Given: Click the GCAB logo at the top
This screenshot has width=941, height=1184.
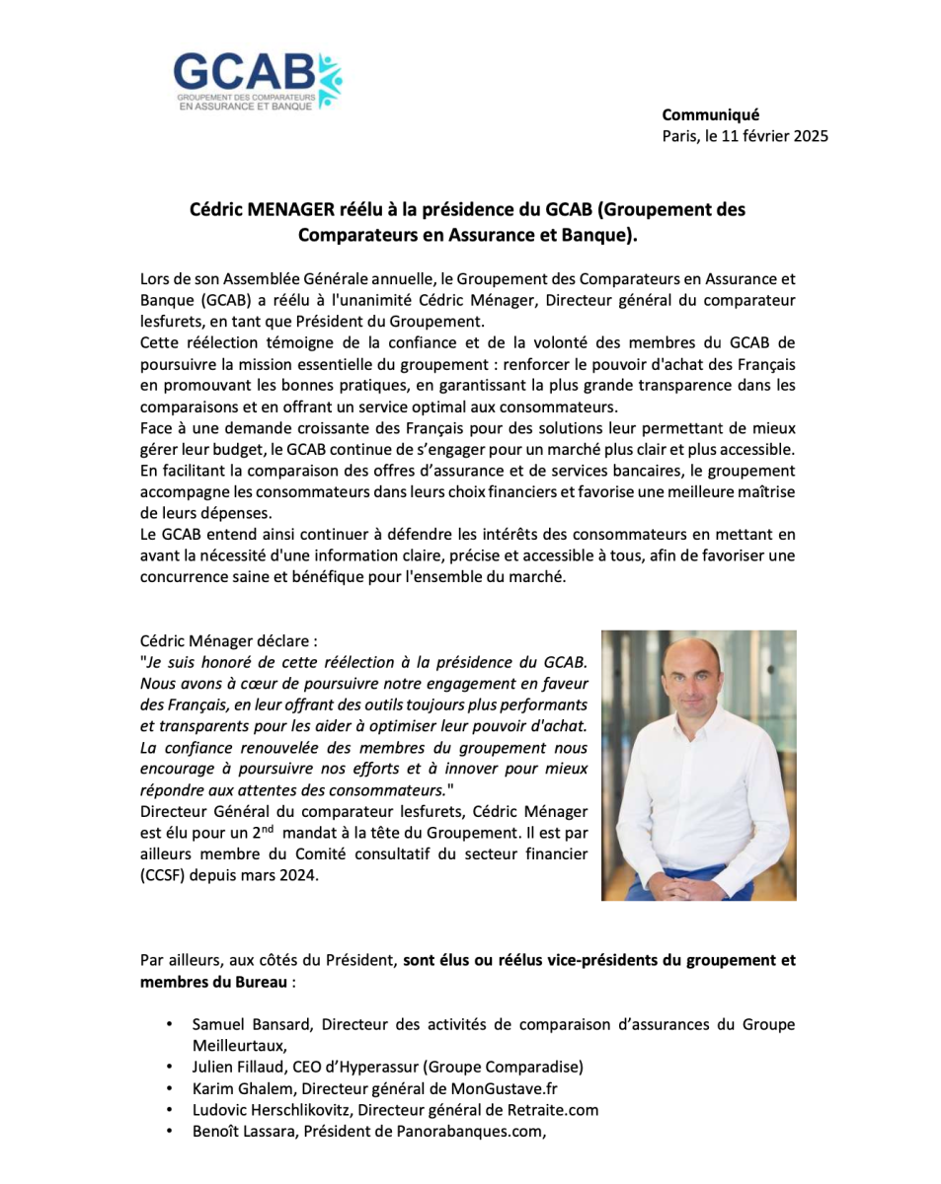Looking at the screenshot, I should pyautogui.click(x=258, y=80).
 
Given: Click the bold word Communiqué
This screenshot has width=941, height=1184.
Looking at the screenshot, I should pyautogui.click(x=710, y=114).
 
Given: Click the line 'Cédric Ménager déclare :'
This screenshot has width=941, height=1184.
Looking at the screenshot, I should pyautogui.click(x=229, y=640).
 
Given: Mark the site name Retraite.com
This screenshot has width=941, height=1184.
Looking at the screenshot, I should pyautogui.click(x=554, y=1110).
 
